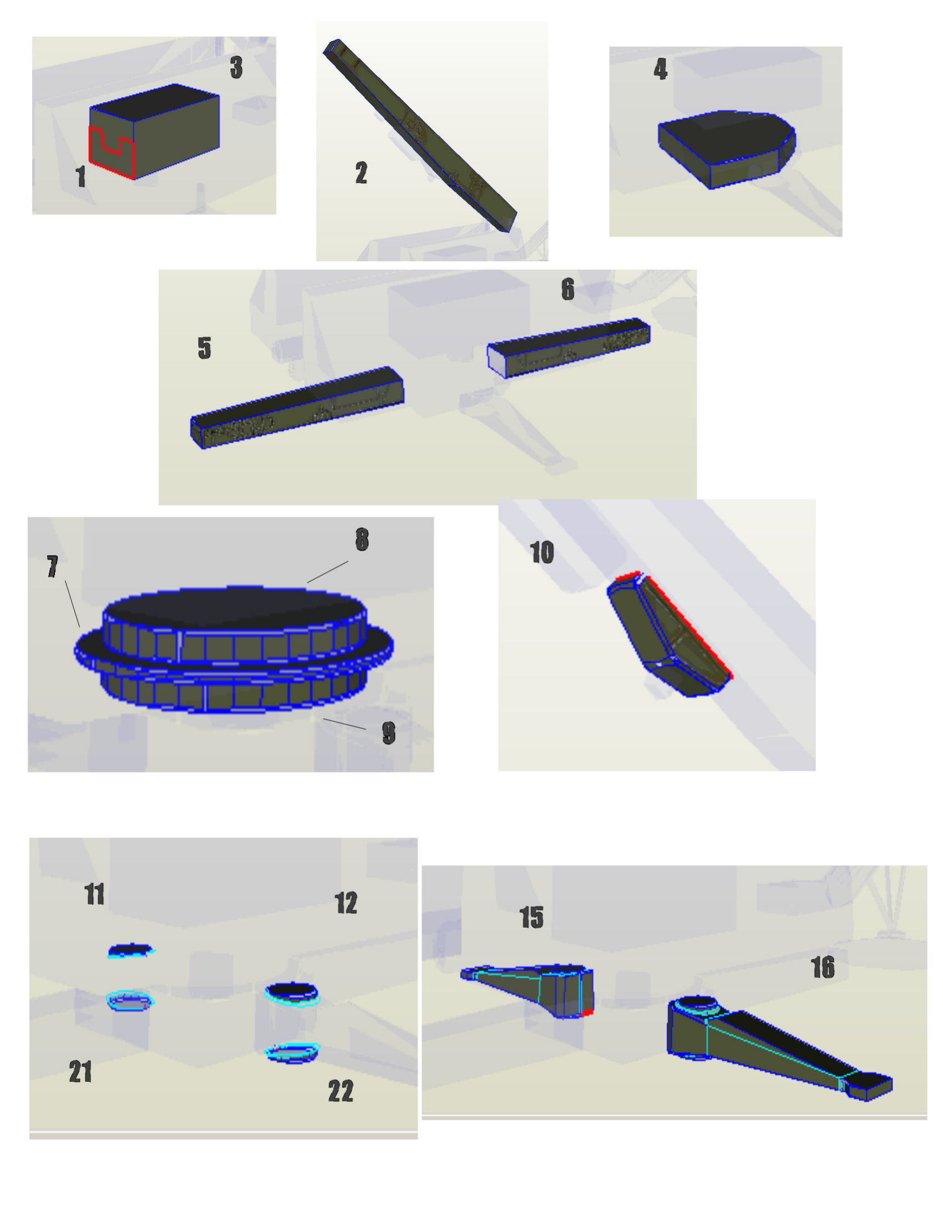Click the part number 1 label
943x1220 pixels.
coord(81,176)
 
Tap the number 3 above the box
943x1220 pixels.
coord(236,67)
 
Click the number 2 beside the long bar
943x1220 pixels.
coord(362,172)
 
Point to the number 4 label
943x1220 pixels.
coord(660,69)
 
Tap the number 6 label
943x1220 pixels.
coord(567,289)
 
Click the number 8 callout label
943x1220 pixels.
coord(362,539)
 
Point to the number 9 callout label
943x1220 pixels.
coord(389,733)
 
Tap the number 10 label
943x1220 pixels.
coord(542,552)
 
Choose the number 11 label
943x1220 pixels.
coord(94,894)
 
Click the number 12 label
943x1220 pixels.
coord(346,903)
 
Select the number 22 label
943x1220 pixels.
coord(341,1091)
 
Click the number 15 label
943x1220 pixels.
coord(531,917)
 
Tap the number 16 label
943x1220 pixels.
coord(823,968)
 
